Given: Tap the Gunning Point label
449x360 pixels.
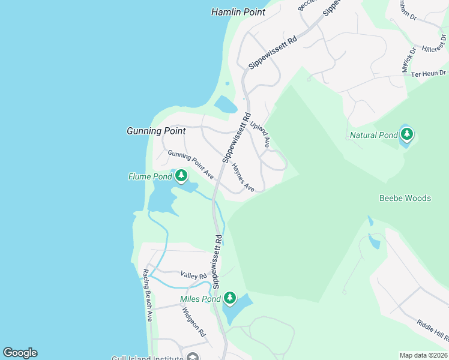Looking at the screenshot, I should coord(156,131).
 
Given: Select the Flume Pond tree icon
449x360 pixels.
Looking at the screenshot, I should coord(181,176).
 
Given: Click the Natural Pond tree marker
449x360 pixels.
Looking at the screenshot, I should coord(407,134).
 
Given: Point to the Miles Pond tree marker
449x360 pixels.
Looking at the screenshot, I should coord(229,298).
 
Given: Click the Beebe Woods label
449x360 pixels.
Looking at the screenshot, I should coord(405,198).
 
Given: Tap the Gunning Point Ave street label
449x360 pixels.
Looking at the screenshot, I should coord(191,165).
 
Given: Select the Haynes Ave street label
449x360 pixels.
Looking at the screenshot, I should coord(244,178).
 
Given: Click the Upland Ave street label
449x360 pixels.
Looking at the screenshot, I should coord(261,133).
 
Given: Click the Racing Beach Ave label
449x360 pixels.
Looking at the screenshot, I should coord(147,295).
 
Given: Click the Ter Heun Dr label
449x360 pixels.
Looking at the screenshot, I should coord(424,73).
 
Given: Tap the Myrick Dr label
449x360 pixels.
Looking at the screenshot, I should coord(409,61).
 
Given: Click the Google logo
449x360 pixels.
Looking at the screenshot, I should coord(20,353).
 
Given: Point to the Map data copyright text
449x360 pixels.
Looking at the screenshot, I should coord(423,355).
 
